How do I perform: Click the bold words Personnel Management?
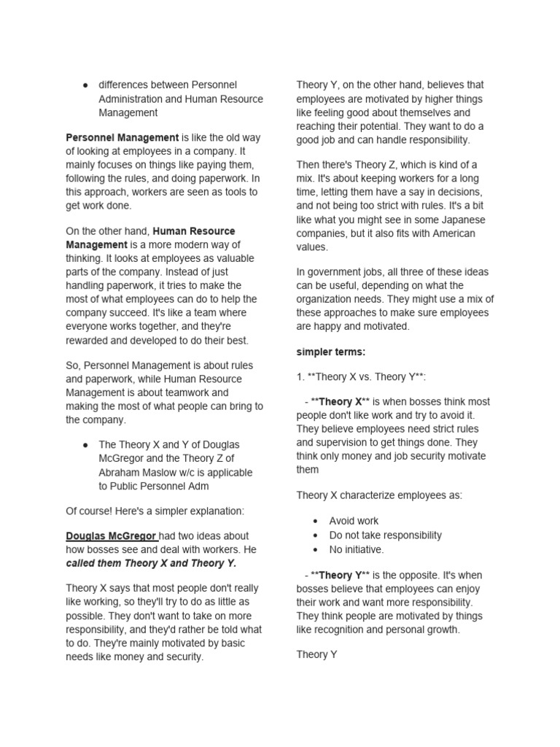[x=122, y=137]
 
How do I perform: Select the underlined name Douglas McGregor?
[x=110, y=536]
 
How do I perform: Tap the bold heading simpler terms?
[x=331, y=352]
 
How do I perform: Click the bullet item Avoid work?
[x=354, y=521]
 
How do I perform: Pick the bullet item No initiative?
[x=356, y=549]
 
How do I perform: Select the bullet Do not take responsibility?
[x=385, y=535]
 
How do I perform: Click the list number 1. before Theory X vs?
[x=300, y=376]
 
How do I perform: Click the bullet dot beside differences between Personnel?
[x=86, y=85]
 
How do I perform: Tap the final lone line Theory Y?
[x=316, y=654]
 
